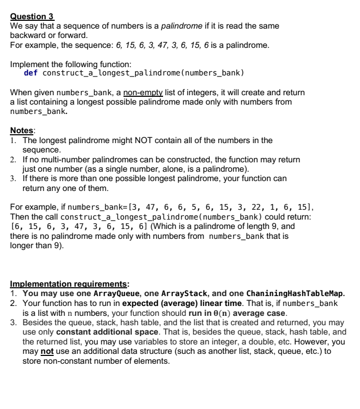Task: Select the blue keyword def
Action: click(x=31, y=72)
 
